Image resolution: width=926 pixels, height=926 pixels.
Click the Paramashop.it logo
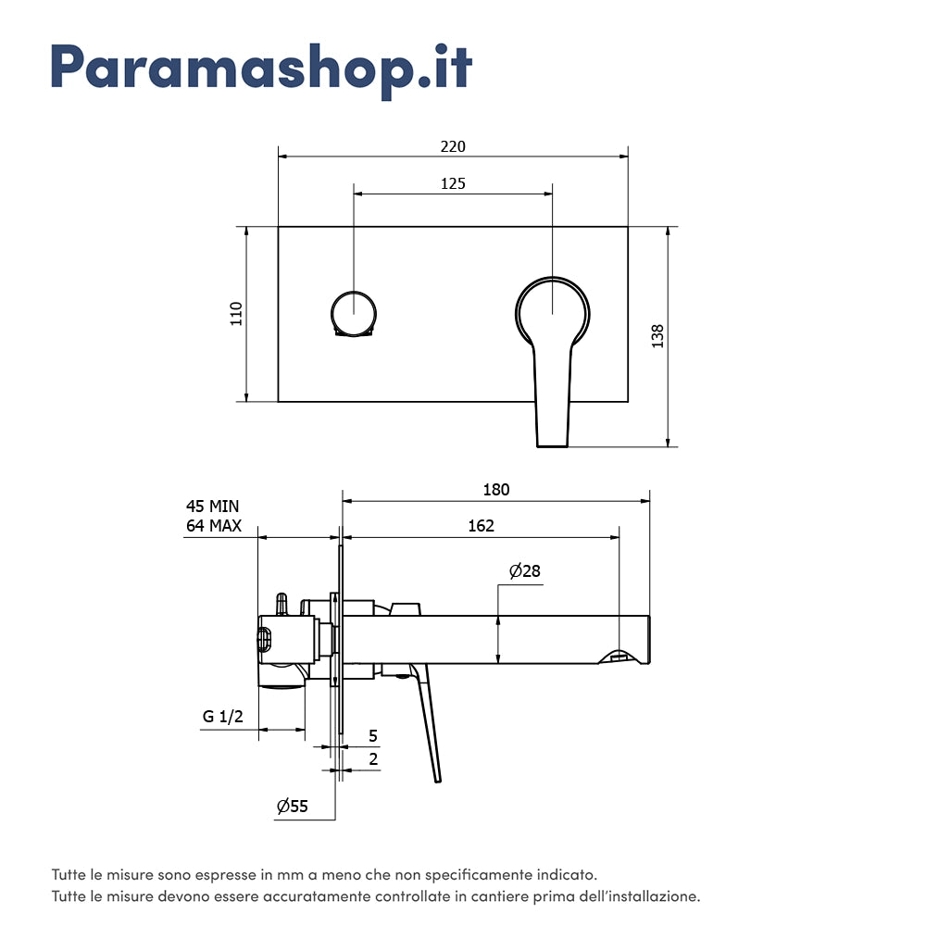(x=261, y=68)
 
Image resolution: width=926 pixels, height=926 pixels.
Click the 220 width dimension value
(x=453, y=146)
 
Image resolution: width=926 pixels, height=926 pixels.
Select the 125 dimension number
(x=453, y=183)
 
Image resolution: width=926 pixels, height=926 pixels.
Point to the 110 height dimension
(x=236, y=314)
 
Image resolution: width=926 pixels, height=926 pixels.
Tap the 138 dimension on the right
(x=657, y=335)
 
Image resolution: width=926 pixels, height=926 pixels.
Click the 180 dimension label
(x=496, y=490)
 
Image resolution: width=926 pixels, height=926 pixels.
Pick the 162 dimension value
(x=481, y=526)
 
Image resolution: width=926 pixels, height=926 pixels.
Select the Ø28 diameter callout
(x=524, y=571)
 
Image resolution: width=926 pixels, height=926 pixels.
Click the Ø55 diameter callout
(x=292, y=807)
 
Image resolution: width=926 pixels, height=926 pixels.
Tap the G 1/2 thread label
(x=223, y=717)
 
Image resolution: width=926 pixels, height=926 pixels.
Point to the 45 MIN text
(x=212, y=506)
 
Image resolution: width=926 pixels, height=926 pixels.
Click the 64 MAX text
(x=213, y=526)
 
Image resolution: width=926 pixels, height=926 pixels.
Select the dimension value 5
(x=373, y=736)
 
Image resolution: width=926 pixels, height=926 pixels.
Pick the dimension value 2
(x=373, y=759)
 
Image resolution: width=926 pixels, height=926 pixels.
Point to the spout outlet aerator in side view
(x=620, y=657)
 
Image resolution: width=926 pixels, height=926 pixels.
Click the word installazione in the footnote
(x=655, y=896)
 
